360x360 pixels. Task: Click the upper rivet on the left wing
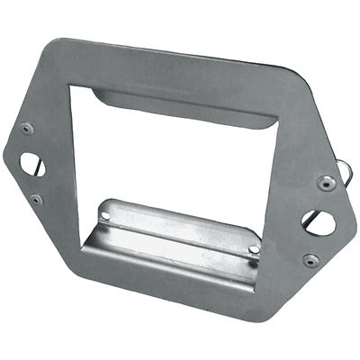(x=27, y=128)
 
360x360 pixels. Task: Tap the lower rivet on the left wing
(x=35, y=199)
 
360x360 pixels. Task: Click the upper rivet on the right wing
(x=327, y=183)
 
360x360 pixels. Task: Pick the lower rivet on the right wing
(x=310, y=260)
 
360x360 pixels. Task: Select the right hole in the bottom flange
(x=255, y=248)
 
